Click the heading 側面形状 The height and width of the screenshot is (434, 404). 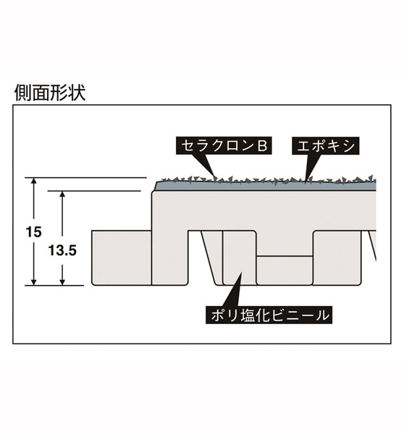pyautogui.click(x=50, y=93)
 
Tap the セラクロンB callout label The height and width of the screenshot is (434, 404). pyautogui.click(x=224, y=145)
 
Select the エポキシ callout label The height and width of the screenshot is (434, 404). pyautogui.click(x=326, y=145)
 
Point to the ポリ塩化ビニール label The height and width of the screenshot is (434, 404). pyautogui.click(x=269, y=315)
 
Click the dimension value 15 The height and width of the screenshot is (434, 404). pyautogui.click(x=33, y=232)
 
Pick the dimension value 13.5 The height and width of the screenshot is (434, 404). pyautogui.click(x=62, y=251)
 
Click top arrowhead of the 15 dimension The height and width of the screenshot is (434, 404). pyautogui.click(x=34, y=181)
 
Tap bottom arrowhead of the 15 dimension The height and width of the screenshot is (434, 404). pyautogui.click(x=34, y=281)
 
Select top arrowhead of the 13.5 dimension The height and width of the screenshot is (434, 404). pyautogui.click(x=62, y=195)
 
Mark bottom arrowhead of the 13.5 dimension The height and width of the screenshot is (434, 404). pyautogui.click(x=62, y=281)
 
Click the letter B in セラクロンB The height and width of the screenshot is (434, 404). pyautogui.click(x=262, y=145)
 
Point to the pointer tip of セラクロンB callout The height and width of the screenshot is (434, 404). pyautogui.click(x=215, y=179)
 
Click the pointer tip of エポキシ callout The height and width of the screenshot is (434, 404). pyautogui.click(x=305, y=183)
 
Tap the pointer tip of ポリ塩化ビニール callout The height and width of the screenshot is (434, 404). pyautogui.click(x=241, y=273)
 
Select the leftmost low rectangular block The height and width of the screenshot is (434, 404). pyautogui.click(x=122, y=258)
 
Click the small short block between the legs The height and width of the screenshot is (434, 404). pyautogui.click(x=285, y=271)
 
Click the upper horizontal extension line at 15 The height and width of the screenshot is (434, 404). pyautogui.click(x=85, y=177)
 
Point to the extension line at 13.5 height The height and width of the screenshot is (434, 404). pyautogui.click(x=94, y=191)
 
